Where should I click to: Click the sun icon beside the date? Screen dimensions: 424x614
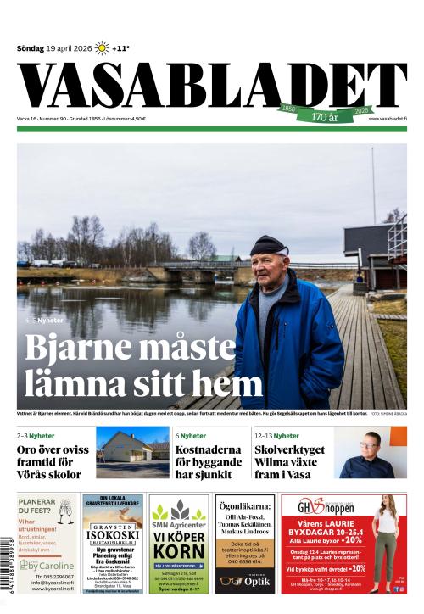pyautogui.click(x=102, y=48)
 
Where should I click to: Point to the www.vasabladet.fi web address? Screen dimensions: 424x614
pyautogui.click(x=388, y=119)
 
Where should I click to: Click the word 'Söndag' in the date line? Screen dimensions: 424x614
pyautogui.click(x=31, y=48)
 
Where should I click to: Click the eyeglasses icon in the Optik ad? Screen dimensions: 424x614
pyautogui.click(x=230, y=581)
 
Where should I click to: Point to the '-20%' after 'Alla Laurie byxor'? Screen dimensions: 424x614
pyautogui.click(x=354, y=539)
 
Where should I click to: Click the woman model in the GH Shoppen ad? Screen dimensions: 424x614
pyautogui.click(x=386, y=543)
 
